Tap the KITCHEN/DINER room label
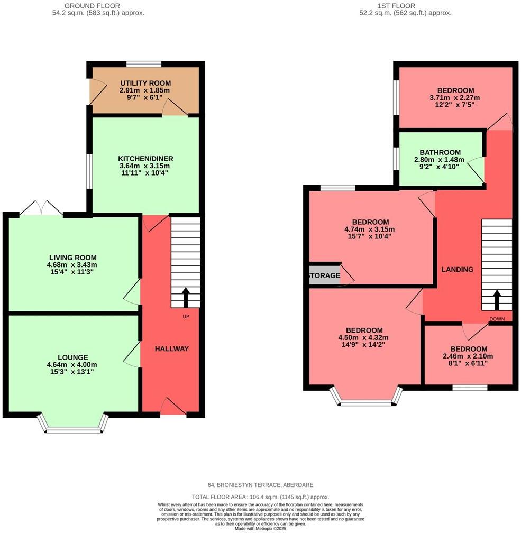pyautogui.click(x=145, y=158)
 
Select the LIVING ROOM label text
pyautogui.click(x=74, y=258)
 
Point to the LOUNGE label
pyautogui.click(x=74, y=357)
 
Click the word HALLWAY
pyautogui.click(x=171, y=348)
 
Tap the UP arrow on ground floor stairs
pyautogui.click(x=186, y=297)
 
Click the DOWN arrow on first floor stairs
pyautogui.click(x=497, y=300)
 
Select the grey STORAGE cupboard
pyautogui.click(x=324, y=275)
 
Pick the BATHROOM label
pyautogui.click(x=440, y=152)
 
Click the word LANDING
pyautogui.click(x=457, y=269)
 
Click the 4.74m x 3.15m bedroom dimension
pyautogui.click(x=370, y=229)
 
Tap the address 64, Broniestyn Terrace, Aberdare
pyautogui.click(x=260, y=485)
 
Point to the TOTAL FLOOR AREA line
pyautogui.click(x=260, y=497)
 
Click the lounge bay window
pyautogui.click(x=73, y=429)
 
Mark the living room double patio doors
pyautogui.click(x=41, y=209)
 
